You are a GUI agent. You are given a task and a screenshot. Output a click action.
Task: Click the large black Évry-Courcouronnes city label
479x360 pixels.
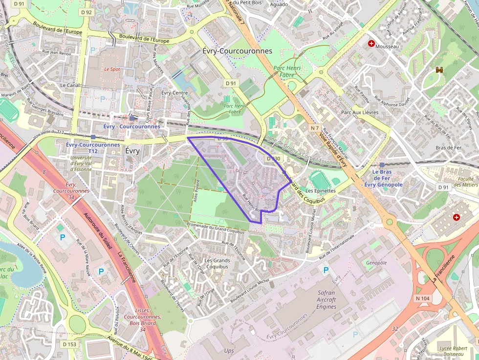[x=237, y=51]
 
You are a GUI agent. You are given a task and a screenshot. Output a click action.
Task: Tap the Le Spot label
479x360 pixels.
[x=112, y=69]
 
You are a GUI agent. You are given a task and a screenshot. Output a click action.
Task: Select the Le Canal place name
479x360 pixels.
[x=69, y=85]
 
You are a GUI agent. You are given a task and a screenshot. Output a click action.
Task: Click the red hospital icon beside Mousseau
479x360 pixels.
[x=371, y=44]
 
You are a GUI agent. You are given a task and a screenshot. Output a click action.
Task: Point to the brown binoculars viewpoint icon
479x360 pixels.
[x=439, y=70]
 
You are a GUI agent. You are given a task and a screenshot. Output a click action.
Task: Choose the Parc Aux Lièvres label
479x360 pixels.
[x=359, y=112]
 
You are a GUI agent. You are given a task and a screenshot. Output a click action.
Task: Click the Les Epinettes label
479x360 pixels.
[x=320, y=191]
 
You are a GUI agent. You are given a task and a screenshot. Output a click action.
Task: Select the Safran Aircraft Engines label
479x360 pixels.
[x=326, y=299]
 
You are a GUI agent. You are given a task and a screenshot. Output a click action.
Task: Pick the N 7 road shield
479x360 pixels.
[x=315, y=128]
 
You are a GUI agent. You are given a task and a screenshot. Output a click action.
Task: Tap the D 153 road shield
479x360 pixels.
[x=69, y=344]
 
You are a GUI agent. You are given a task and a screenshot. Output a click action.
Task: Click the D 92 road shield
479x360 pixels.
[x=86, y=12]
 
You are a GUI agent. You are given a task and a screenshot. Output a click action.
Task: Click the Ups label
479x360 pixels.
[x=229, y=351]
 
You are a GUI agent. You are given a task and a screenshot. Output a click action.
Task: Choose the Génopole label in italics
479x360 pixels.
[x=376, y=263]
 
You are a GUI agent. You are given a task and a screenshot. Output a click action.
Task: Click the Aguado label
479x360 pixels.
[x=279, y=4]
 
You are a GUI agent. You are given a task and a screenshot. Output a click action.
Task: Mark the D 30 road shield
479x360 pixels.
[x=273, y=159]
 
